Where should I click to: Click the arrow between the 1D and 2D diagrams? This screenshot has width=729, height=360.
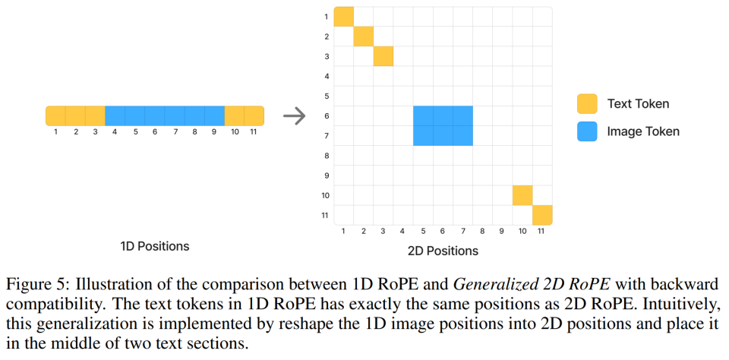(x=294, y=116)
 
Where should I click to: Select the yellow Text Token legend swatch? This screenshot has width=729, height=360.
(x=587, y=104)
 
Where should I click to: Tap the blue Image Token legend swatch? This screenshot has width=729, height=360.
(x=587, y=131)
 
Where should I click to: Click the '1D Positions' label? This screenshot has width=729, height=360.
(x=155, y=246)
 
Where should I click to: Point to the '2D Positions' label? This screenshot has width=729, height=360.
(x=443, y=250)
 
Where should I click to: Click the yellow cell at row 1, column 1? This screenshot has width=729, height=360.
(x=344, y=17)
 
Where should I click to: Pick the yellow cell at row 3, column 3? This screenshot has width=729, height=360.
(x=383, y=56)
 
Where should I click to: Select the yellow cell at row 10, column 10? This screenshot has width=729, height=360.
(x=522, y=195)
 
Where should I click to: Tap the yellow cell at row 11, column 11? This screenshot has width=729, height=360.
(x=542, y=215)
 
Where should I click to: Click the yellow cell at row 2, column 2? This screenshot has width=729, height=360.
(x=364, y=36)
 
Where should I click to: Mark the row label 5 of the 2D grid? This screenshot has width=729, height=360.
(x=326, y=96)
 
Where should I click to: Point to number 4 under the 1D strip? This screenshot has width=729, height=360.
(x=115, y=131)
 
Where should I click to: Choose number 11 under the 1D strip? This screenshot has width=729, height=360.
(x=254, y=131)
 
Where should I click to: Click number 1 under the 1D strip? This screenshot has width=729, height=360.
(x=55, y=131)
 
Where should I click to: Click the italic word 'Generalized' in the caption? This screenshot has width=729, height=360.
(x=491, y=284)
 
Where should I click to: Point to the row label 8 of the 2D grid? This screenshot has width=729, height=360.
(x=326, y=156)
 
